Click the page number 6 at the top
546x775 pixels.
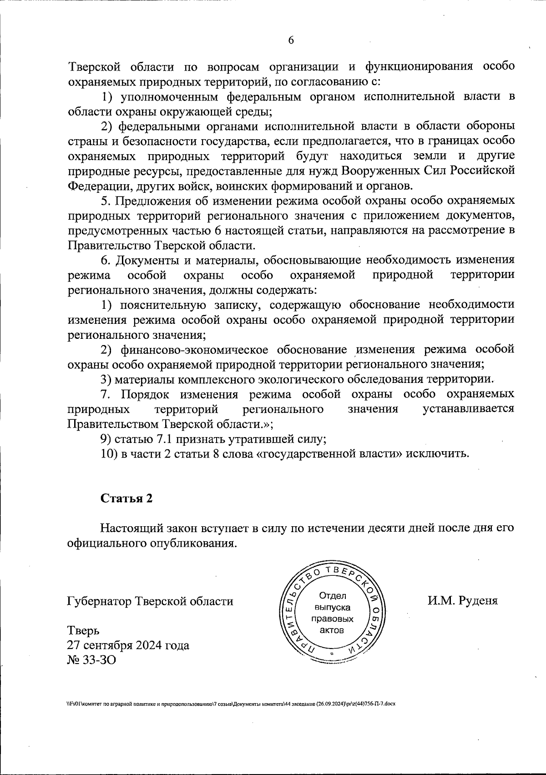(x=291, y=40)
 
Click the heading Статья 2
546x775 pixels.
(x=126, y=498)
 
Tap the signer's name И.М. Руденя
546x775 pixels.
(x=462, y=600)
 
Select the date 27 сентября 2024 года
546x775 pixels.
(x=128, y=645)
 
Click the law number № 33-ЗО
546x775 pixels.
(x=91, y=659)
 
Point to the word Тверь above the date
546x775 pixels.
(x=83, y=630)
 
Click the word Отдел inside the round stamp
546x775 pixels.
(x=333, y=596)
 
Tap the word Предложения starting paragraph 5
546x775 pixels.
(x=156, y=201)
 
